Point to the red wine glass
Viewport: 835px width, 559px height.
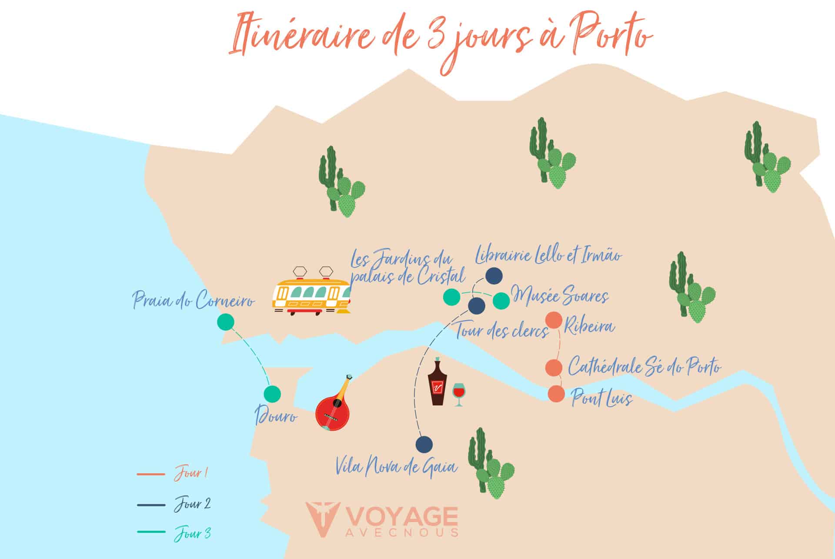(458, 394)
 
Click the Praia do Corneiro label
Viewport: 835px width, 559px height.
(193, 300)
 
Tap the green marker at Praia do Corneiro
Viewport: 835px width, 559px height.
(225, 322)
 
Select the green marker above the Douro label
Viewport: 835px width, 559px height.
(272, 394)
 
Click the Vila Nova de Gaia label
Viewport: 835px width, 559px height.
(396, 467)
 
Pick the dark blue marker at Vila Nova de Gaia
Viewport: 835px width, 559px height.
(424, 444)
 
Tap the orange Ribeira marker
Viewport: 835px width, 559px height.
(554, 321)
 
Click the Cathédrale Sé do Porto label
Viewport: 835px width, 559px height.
(644, 366)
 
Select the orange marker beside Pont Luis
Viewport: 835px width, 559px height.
(556, 394)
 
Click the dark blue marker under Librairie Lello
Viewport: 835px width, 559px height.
(494, 275)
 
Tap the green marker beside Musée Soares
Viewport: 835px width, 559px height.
(501, 301)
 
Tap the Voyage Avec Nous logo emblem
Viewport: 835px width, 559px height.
(322, 520)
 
